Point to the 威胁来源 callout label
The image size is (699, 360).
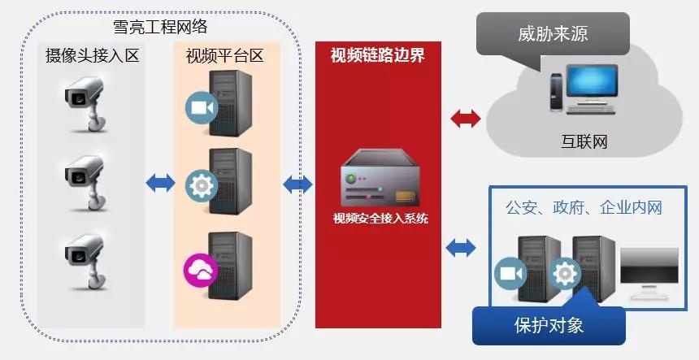point(553,34)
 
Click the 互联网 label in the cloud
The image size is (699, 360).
point(584,142)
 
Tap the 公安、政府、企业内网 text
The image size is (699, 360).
point(584,208)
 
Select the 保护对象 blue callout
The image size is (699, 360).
point(549,325)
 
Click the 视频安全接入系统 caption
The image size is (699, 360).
point(380,218)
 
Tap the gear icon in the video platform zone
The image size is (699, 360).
point(198,184)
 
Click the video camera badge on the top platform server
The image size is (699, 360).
point(198,107)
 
